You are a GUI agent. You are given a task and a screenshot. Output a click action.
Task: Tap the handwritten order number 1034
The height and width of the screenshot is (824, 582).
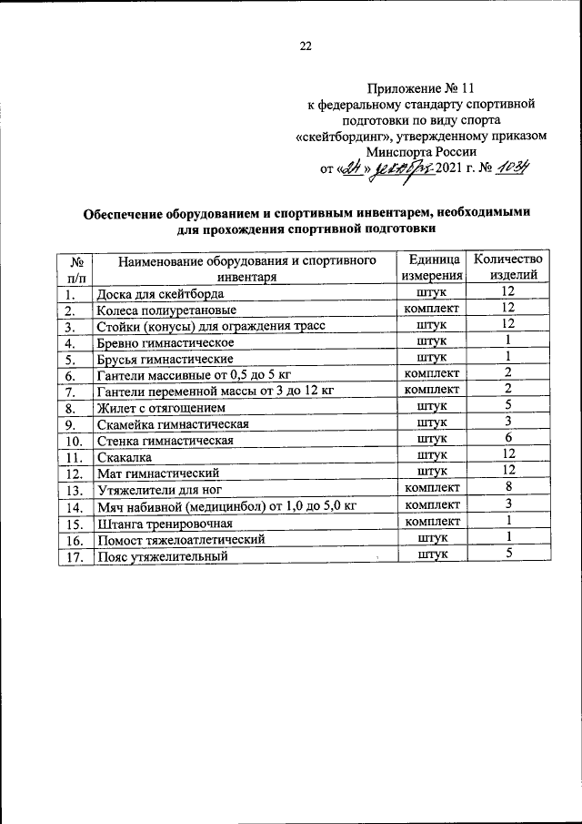click(x=517, y=168)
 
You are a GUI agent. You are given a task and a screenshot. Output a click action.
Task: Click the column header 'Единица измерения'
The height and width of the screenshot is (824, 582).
click(x=431, y=268)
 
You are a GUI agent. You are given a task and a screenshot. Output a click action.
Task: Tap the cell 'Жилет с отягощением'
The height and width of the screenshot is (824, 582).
click(x=156, y=408)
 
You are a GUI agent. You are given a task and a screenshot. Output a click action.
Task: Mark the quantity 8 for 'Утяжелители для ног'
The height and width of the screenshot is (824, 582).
click(x=510, y=489)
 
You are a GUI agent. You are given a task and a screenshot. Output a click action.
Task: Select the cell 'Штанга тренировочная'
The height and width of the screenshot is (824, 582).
click(x=165, y=524)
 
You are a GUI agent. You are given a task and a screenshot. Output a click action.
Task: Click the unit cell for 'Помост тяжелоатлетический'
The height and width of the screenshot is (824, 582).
click(x=431, y=539)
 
